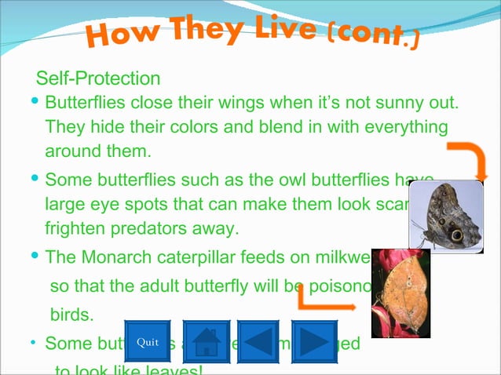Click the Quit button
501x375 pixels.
147,342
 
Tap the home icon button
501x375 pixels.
206,342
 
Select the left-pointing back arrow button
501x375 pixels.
259,342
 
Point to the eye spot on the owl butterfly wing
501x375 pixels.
455,234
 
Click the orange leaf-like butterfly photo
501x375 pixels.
400,293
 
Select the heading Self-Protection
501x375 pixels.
99,78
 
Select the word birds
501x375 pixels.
71,315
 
